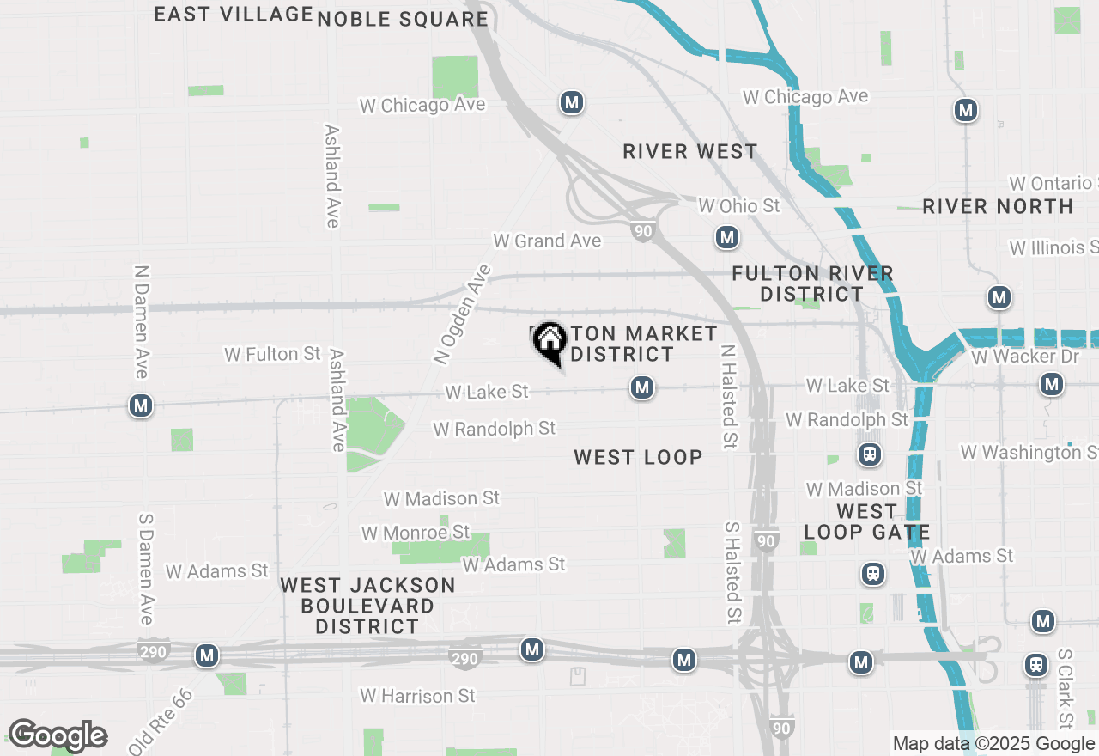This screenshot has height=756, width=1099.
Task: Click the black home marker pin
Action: point(549,343)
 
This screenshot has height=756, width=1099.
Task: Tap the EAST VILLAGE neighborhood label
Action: point(233,14)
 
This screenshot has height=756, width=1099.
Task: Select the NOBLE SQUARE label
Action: point(403,19)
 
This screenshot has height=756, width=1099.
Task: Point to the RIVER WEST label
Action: point(690,152)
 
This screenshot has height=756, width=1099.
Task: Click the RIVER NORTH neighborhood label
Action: point(998,207)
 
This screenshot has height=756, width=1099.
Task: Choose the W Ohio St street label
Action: point(739,206)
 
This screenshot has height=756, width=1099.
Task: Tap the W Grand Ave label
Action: point(547,241)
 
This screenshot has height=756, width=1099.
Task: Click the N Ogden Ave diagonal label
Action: point(463,314)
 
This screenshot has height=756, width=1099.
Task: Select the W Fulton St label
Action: point(272,354)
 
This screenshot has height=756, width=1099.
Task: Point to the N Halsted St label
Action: point(728,397)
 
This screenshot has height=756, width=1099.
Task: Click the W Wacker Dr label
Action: point(1025,356)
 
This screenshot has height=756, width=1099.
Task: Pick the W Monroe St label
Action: point(416,533)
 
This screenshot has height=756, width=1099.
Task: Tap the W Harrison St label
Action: point(417,695)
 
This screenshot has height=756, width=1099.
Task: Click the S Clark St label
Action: point(1065,688)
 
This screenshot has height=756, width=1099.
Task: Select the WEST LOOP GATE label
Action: point(866,521)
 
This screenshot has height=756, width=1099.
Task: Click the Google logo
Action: point(58,735)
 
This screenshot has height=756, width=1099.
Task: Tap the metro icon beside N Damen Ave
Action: point(141,405)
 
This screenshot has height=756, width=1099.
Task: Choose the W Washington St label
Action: point(1029,452)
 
